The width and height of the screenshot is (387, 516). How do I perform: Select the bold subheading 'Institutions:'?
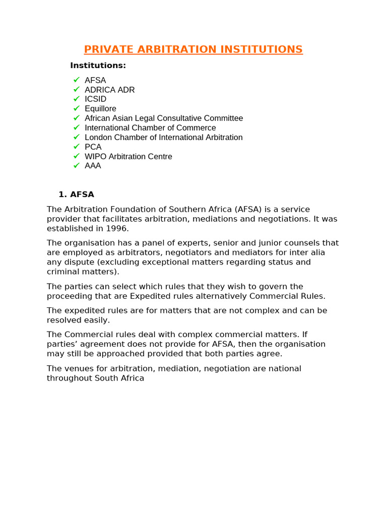tap(98, 66)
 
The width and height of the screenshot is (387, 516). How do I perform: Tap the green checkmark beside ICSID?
tap(77, 99)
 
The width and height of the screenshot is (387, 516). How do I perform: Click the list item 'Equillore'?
tap(100, 109)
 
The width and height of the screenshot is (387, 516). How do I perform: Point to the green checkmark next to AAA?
tap(77, 165)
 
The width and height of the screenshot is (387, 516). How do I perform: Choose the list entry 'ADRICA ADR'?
tap(109, 90)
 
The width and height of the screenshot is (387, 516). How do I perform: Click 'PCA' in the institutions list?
tap(93, 147)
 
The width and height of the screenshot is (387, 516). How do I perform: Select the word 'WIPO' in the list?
tap(95, 157)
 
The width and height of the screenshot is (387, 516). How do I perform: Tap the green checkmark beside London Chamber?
tap(77, 137)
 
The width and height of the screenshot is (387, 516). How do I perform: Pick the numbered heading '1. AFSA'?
tap(76, 195)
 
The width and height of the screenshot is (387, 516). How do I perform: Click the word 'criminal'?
tap(62, 272)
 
